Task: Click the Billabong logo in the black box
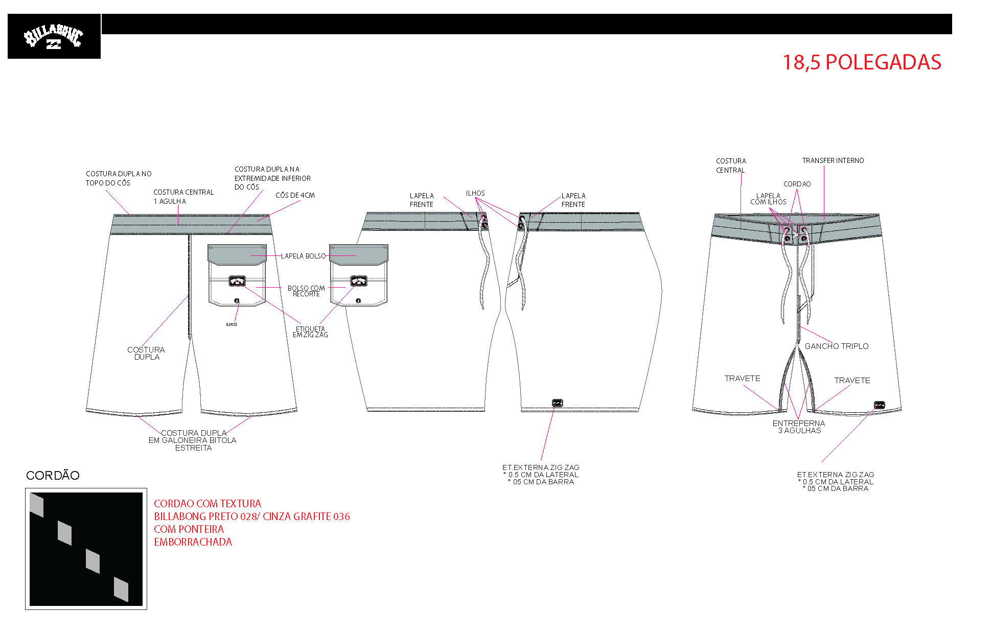[53, 37]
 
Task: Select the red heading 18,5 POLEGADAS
[862, 62]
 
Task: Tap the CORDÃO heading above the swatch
[53, 475]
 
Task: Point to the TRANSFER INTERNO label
[833, 160]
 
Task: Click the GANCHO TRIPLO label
[837, 346]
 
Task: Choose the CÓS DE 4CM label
[295, 195]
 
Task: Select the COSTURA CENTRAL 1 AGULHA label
[183, 197]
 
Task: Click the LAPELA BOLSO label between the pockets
[303, 256]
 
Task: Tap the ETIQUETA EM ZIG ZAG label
[310, 332]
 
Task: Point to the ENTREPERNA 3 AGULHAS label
[799, 427]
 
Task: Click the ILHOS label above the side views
[475, 193]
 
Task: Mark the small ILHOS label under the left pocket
[232, 324]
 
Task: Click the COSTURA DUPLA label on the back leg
[146, 353]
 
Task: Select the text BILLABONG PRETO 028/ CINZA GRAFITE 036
[252, 516]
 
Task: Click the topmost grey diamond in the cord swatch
[37, 505]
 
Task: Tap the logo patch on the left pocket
[237, 280]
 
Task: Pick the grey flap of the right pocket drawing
[359, 254]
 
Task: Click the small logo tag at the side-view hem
[558, 403]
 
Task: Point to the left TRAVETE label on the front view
[742, 378]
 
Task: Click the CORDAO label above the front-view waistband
[797, 184]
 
